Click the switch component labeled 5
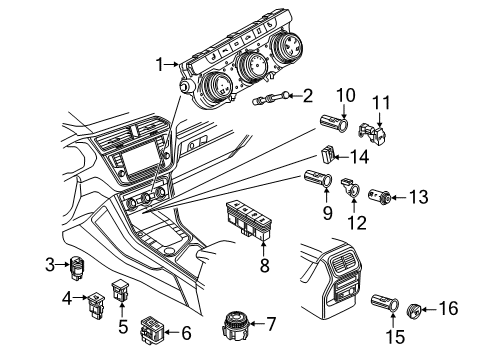coord(122,290)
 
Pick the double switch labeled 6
coord(153,328)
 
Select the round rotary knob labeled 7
coord(237,326)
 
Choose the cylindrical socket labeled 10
coord(329,126)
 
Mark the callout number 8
coord(265,268)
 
